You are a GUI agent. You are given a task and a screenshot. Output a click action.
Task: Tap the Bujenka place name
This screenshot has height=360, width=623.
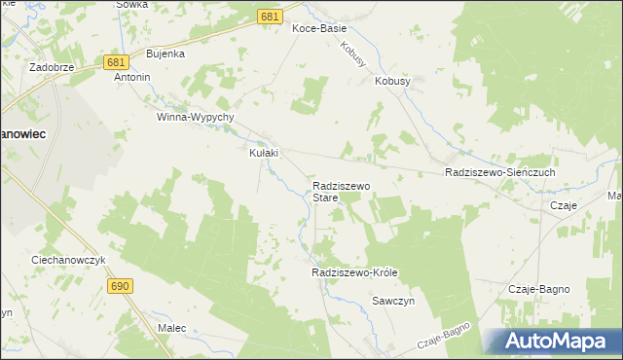165,54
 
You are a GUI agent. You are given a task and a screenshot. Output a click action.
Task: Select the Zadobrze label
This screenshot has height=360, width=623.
53,68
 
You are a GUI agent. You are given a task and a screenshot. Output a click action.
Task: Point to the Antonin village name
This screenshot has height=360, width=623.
132,76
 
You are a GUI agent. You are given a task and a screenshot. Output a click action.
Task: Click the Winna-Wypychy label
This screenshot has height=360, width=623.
196,117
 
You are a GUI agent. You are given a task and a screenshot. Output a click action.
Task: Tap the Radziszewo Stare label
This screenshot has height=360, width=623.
342,191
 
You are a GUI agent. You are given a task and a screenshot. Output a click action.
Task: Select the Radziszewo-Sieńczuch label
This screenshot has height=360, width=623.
499,172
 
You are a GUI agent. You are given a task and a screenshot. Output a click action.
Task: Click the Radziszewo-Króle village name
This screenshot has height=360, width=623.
355,273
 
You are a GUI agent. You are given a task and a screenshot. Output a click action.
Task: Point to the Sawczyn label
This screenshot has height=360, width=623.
394,302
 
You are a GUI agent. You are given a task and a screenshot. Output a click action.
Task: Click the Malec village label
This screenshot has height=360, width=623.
171,329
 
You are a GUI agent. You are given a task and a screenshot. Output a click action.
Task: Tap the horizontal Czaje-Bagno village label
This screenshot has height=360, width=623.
539,290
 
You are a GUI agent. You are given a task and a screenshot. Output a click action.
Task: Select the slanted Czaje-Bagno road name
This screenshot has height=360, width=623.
443,338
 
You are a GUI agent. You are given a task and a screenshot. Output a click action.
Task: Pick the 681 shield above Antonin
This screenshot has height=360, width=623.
115,61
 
